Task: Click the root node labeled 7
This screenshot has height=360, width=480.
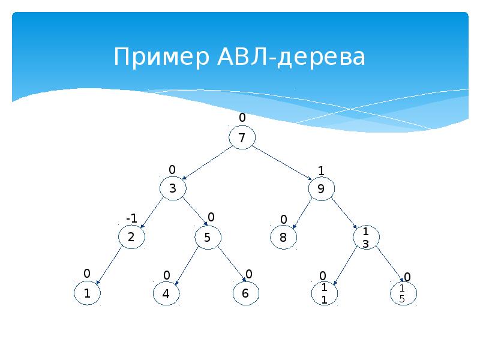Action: (242, 137)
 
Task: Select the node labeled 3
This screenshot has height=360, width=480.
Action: (173, 188)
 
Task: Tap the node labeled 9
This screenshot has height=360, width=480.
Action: (322, 188)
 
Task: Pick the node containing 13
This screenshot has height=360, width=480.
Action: (366, 237)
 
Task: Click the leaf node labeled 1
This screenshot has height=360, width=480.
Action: (87, 293)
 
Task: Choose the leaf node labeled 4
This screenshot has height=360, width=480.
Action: (166, 293)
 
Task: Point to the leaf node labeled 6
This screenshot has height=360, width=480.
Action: (246, 293)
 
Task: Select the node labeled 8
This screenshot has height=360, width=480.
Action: (283, 237)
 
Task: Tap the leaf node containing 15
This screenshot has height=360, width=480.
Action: (403, 293)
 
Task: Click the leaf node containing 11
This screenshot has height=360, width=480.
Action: (325, 293)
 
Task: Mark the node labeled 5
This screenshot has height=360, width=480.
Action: (208, 237)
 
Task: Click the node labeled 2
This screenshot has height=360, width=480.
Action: (131, 236)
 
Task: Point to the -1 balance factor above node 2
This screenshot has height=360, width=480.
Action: (131, 218)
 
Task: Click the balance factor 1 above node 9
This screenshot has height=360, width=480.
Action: (321, 171)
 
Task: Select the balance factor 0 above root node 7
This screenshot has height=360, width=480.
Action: (242, 118)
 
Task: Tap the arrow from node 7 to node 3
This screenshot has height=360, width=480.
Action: (207, 163)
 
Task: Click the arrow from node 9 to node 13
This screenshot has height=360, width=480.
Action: (344, 214)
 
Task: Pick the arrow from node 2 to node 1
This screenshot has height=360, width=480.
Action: (109, 265)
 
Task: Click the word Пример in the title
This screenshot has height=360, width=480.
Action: (161, 57)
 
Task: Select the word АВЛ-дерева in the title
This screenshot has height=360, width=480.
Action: (291, 57)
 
